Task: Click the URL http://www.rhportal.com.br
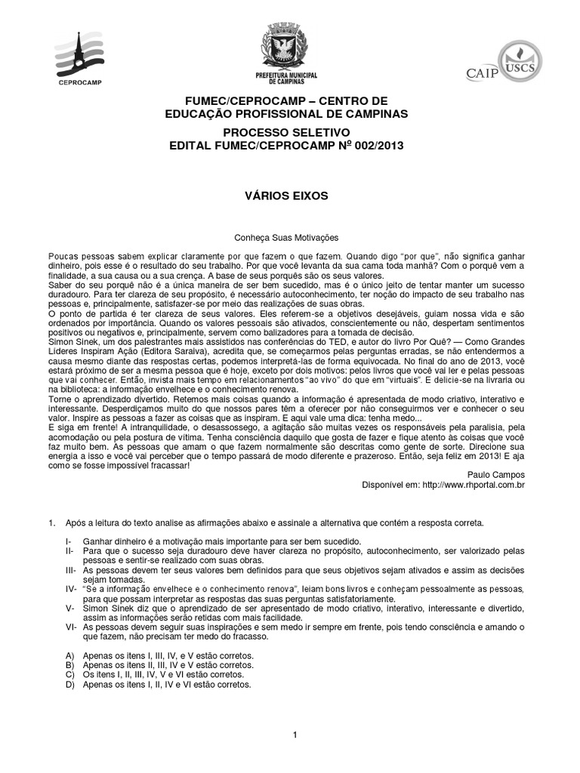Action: coord(464,485)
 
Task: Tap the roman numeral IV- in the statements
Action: coord(72,588)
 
